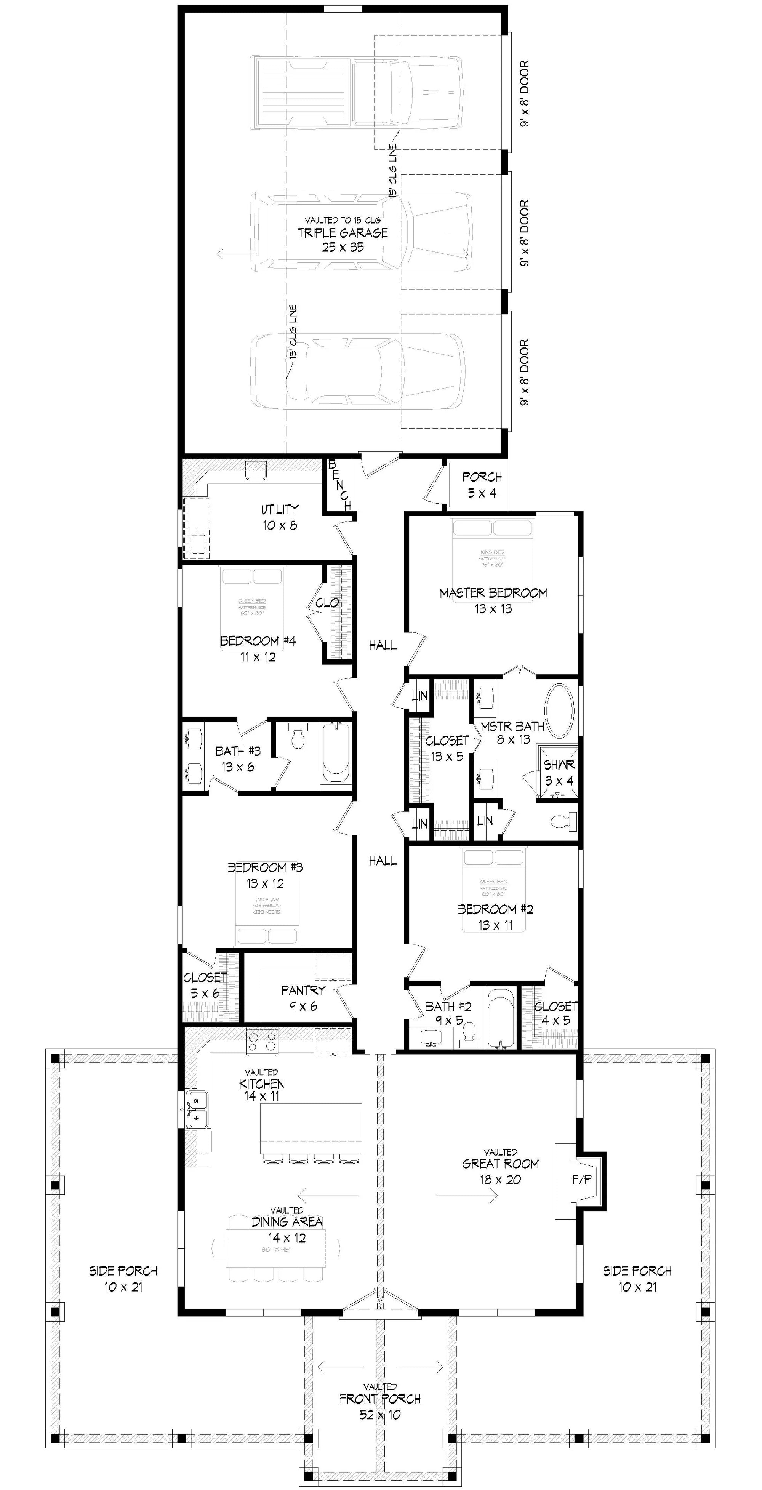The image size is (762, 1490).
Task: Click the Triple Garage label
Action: [343, 234]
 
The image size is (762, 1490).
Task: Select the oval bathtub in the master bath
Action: [559, 711]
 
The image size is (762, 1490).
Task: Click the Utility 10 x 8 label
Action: [279, 517]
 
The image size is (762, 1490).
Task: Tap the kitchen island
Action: [311, 1128]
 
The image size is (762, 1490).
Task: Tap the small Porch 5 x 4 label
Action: [482, 485]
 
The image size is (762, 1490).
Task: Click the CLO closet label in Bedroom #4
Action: [327, 603]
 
